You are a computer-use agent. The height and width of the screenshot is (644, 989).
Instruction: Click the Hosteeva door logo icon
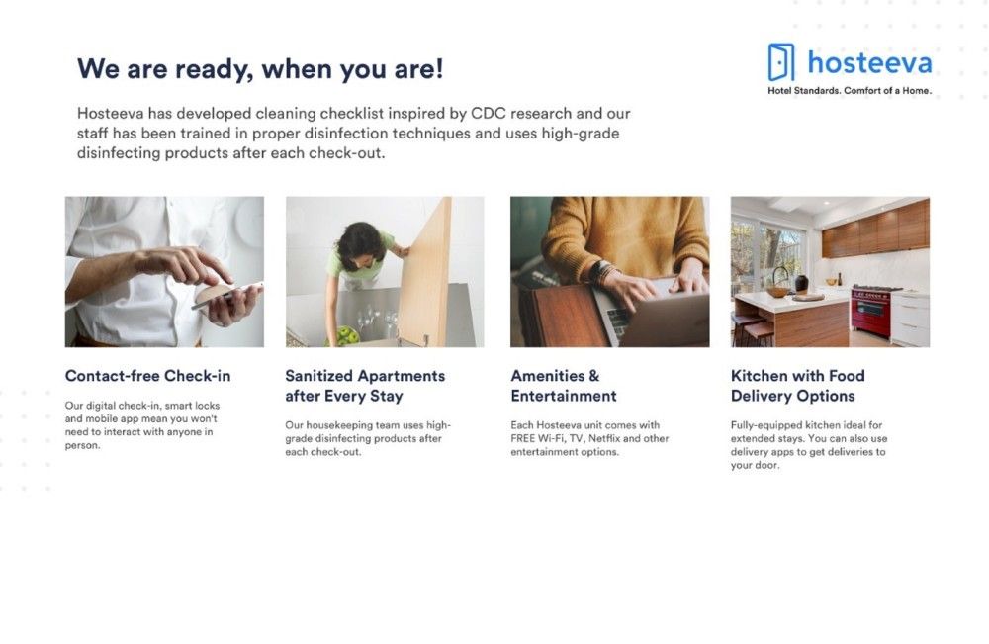781,61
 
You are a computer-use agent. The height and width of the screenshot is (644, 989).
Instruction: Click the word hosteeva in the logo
869,62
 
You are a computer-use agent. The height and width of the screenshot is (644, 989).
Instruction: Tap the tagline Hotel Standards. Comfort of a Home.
849,91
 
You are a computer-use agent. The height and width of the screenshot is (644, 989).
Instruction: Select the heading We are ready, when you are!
260,68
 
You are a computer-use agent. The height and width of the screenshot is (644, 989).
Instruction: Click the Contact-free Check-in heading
147,376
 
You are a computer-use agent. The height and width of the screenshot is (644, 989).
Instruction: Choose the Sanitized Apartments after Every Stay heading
365,386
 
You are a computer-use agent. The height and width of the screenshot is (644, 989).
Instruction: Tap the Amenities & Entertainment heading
564,386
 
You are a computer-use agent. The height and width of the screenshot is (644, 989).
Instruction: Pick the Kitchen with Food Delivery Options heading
797,386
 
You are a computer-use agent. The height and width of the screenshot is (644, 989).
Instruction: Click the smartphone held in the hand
227,295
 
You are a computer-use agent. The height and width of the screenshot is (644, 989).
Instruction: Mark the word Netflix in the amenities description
604,438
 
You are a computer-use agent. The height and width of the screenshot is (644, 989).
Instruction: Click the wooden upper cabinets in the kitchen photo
875,229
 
